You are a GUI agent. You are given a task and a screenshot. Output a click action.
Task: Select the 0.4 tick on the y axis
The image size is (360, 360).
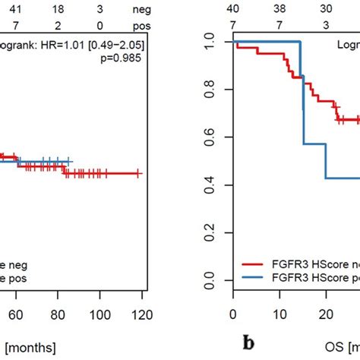tap(214, 187)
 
